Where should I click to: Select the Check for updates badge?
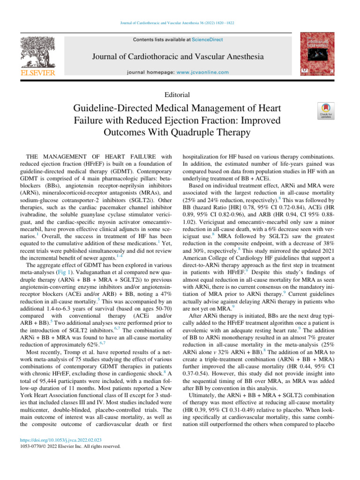[x=326, y=112]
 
